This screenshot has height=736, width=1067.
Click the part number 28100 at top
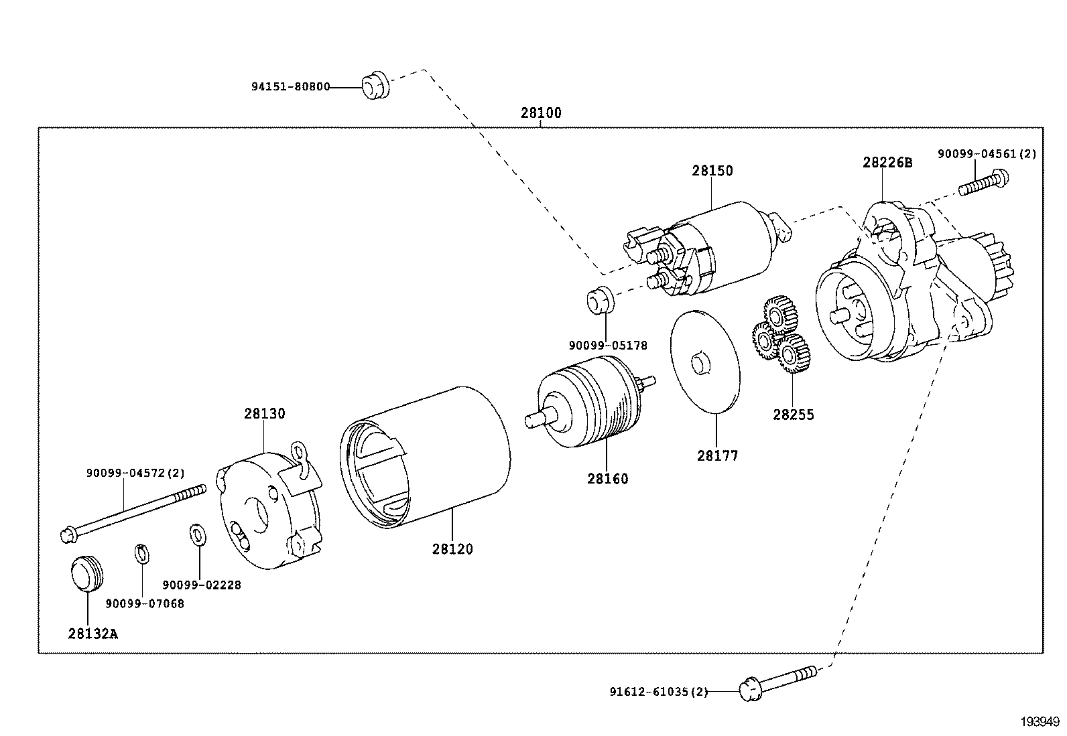pyautogui.click(x=541, y=113)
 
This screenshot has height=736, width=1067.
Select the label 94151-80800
pyautogui.click(x=290, y=86)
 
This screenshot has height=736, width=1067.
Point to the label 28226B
pyautogui.click(x=887, y=163)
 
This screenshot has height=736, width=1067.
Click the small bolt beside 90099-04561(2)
pyautogui.click(x=983, y=182)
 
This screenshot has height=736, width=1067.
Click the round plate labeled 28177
pyautogui.click(x=705, y=362)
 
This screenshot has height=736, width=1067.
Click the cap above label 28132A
pyautogui.click(x=86, y=574)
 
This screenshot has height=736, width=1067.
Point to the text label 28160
pyautogui.click(x=608, y=479)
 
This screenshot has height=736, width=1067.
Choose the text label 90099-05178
pyautogui.click(x=608, y=346)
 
